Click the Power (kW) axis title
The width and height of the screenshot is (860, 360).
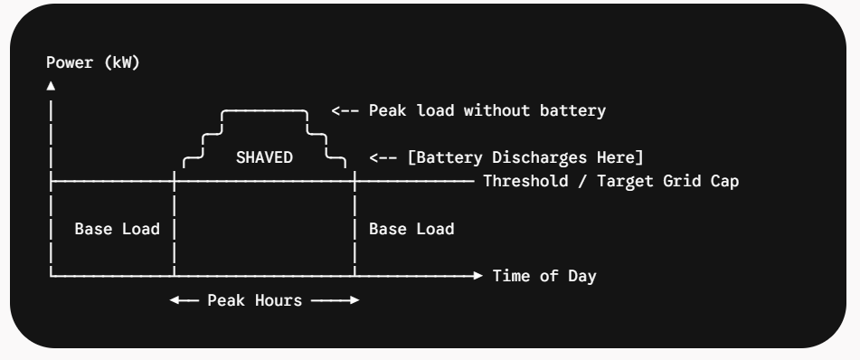pos(93,62)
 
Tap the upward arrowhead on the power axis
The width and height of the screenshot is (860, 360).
pos(51,86)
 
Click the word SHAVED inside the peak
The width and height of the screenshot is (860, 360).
pos(264,157)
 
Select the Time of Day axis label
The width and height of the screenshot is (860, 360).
pos(544,276)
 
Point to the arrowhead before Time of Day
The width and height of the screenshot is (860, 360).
pos(477,276)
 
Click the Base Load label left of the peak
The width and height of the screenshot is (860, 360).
pos(117,229)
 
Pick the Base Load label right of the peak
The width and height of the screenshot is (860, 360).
pos(411,229)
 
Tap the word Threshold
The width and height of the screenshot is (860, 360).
pos(525,181)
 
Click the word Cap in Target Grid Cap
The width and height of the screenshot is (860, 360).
pos(724,181)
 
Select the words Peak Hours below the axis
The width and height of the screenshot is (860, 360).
pos(254,300)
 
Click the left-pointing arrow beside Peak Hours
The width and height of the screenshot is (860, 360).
pos(184,300)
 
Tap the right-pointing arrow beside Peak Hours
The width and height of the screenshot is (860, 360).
pos(335,300)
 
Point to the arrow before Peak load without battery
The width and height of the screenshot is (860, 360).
pos(345,110)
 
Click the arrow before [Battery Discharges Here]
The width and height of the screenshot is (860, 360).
pos(383,158)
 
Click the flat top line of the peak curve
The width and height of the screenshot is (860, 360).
pos(264,111)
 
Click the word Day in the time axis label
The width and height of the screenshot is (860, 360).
pos(582,276)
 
